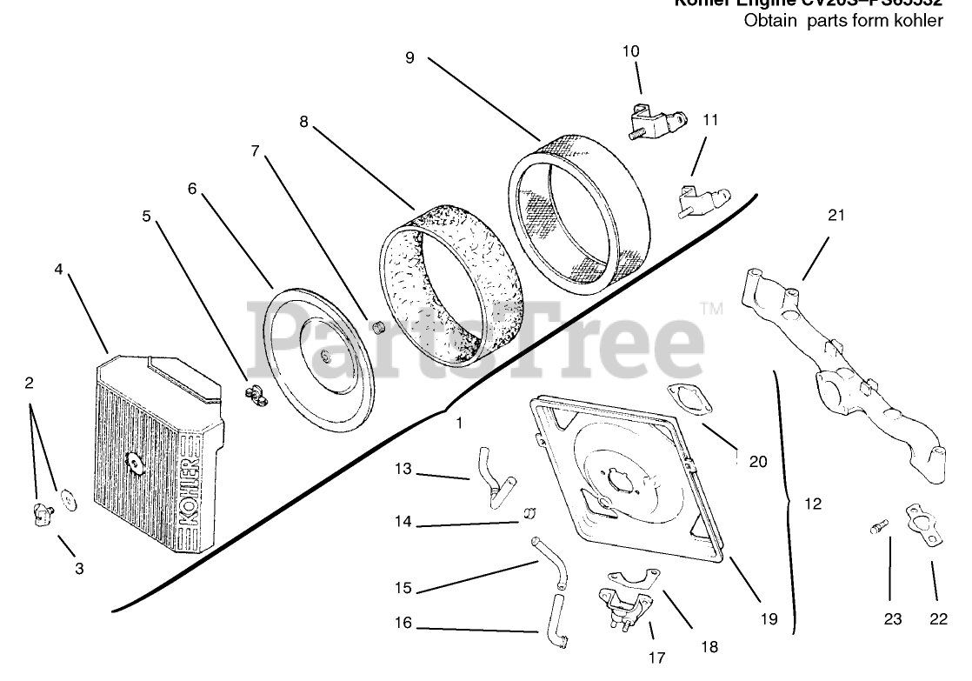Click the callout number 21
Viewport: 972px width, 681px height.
click(x=836, y=216)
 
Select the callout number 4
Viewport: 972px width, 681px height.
click(x=58, y=269)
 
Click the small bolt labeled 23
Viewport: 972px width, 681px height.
click(x=879, y=525)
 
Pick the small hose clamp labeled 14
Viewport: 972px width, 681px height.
click(x=527, y=514)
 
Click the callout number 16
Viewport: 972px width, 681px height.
click(x=402, y=623)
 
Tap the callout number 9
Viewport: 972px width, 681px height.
click(x=409, y=57)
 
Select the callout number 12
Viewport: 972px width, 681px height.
click(x=813, y=503)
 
